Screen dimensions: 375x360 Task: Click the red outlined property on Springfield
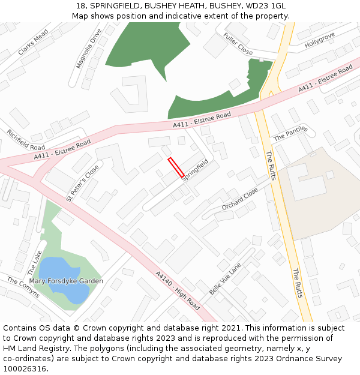click(176, 167)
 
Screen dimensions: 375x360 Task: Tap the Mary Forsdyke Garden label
click(66, 281)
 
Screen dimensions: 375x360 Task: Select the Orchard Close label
click(240, 199)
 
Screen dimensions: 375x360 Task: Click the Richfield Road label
click(26, 139)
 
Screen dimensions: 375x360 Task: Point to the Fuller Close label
click(238, 43)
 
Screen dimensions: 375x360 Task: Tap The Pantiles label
click(290, 133)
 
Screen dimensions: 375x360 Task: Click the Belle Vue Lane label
click(225, 278)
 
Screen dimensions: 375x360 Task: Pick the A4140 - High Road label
click(178, 291)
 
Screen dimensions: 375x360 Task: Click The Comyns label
click(23, 287)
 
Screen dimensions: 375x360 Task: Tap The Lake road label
click(34, 262)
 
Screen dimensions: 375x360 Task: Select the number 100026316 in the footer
click(25, 368)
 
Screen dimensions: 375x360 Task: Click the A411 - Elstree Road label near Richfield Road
click(62, 149)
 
